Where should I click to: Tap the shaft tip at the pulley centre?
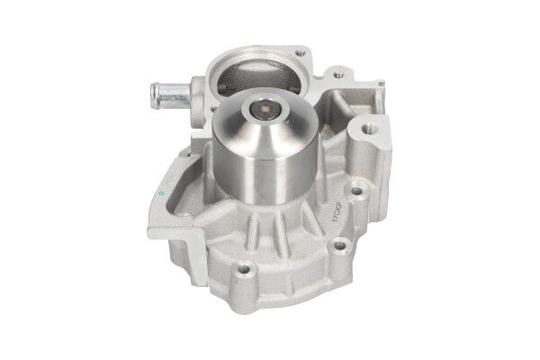[266, 112]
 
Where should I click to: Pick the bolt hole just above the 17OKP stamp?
[358, 192]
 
